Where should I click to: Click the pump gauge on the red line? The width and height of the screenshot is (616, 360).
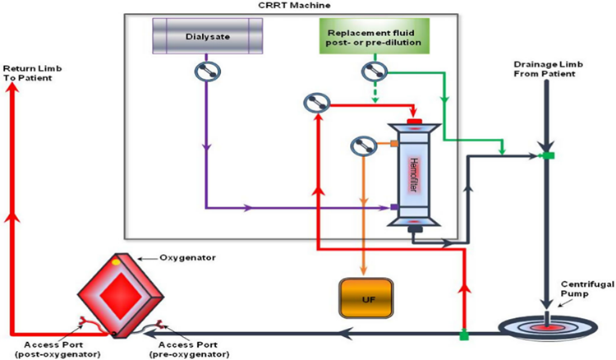click(316, 104)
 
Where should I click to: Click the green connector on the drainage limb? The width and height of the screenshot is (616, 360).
click(545, 155)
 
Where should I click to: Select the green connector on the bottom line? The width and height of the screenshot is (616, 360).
click(463, 334)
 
